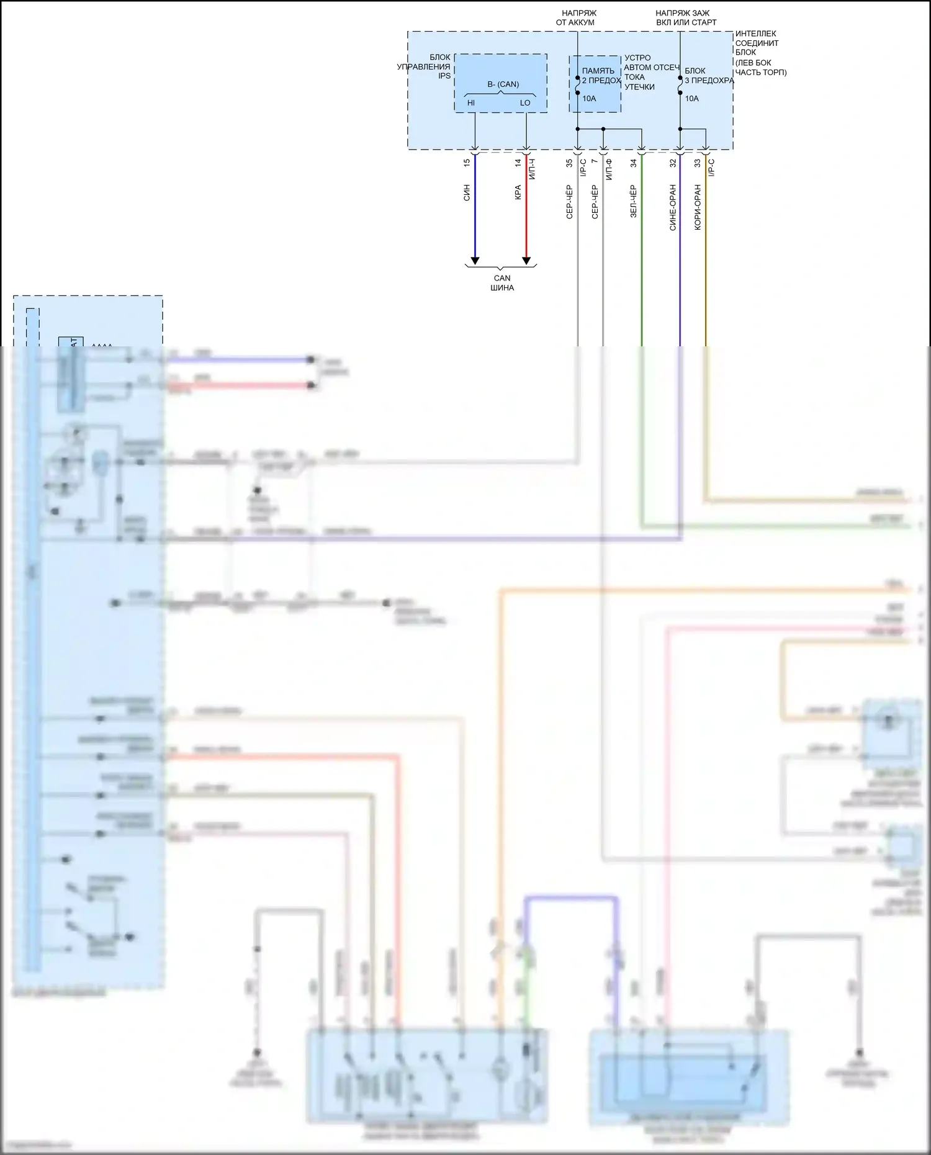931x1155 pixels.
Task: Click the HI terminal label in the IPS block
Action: coord(471,103)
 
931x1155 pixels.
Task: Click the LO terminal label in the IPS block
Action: coord(525,103)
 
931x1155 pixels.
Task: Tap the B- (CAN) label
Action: coord(503,84)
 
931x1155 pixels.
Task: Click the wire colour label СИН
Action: coord(467,192)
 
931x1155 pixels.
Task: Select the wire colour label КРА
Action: coord(518,192)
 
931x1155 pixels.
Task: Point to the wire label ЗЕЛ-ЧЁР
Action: coord(633,201)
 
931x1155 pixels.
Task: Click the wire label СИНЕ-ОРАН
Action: coord(672,207)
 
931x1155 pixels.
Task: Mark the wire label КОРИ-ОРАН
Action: coord(697,207)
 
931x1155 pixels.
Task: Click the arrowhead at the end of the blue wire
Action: coord(475,260)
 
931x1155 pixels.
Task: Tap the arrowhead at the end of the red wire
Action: coord(526,260)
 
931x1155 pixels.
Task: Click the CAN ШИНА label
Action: coord(501,283)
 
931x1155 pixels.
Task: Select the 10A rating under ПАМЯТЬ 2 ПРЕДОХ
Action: coord(589,99)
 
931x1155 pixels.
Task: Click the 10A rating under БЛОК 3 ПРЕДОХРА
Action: coord(691,99)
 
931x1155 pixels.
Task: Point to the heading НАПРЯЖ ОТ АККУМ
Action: coord(575,17)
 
